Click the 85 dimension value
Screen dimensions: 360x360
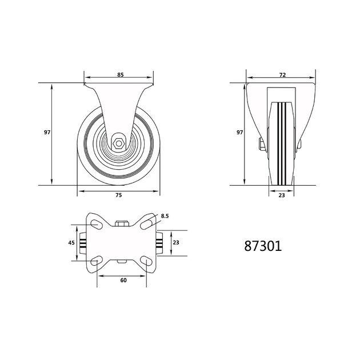121,75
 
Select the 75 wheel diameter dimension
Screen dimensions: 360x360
118,195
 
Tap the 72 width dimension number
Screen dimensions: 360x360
282,75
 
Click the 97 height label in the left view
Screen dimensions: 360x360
47,132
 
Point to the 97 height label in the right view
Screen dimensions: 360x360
239,132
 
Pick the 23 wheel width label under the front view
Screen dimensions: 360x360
282,195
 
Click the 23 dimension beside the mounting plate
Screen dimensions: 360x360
176,242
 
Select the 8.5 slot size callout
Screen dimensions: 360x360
165,216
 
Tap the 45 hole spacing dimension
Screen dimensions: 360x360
71,242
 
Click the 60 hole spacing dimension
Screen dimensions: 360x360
123,280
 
